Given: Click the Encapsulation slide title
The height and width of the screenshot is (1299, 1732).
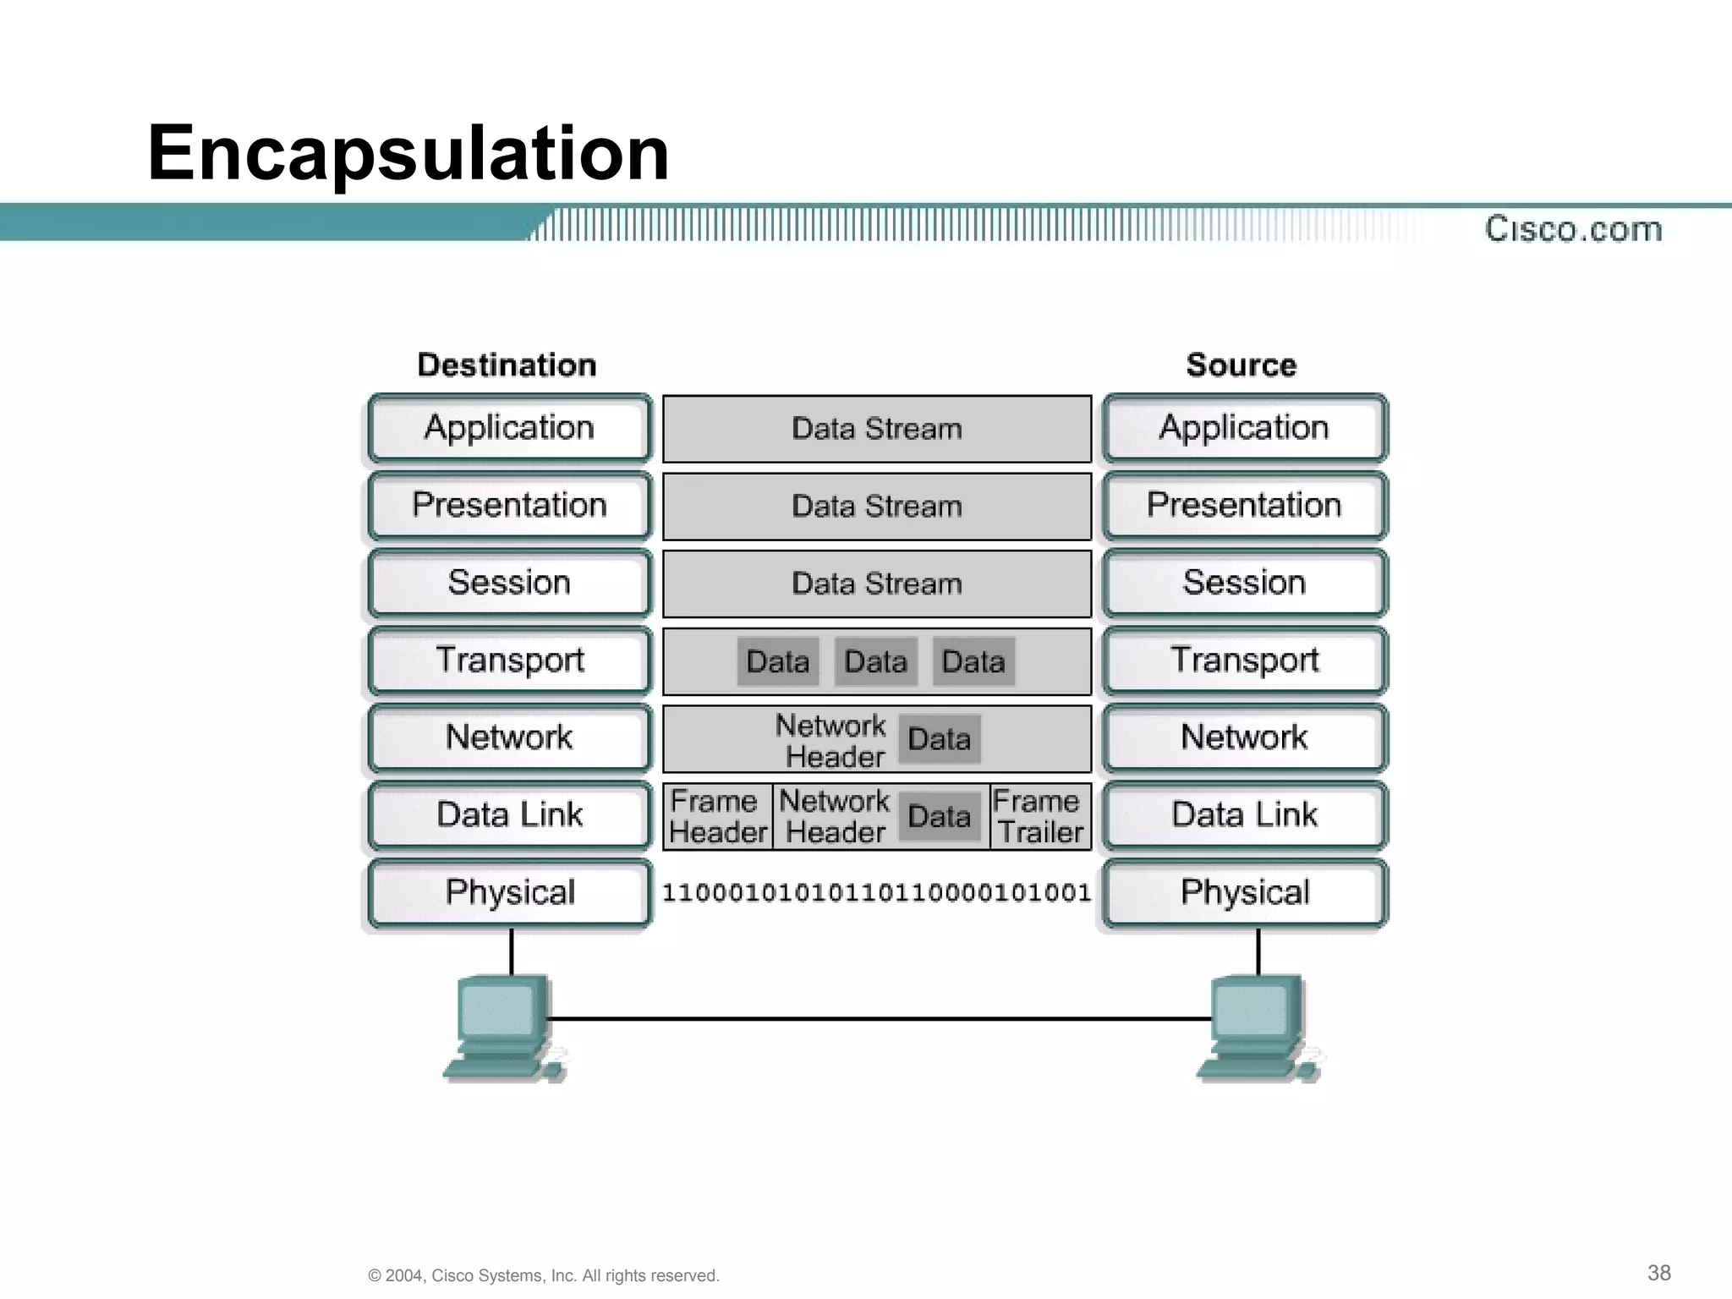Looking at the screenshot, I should tap(408, 153).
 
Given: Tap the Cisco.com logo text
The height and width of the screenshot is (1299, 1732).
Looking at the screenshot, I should tap(1573, 229).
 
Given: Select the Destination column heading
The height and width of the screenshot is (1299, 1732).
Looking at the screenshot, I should tap(507, 365).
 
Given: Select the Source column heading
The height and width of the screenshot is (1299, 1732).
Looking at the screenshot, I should tap(1241, 365).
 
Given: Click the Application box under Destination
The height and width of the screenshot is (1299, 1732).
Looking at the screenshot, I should tap(510, 428).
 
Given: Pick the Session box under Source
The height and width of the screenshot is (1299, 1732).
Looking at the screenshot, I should tap(1244, 583).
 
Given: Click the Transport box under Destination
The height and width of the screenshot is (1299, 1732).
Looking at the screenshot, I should tap(510, 660).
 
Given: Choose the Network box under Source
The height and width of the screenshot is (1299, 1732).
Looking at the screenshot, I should tap(1244, 737).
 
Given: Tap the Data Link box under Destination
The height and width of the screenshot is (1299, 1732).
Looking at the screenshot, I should tap(510, 815).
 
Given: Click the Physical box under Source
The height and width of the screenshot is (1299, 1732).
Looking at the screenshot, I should tap(1244, 893).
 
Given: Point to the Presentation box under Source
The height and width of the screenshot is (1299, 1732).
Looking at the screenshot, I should tap(1244, 506).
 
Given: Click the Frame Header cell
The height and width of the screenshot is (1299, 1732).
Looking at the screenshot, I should tap(718, 817).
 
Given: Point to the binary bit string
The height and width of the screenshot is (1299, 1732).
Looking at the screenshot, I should tap(877, 893).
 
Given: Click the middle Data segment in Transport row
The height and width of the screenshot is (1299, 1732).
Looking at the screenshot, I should tap(876, 661).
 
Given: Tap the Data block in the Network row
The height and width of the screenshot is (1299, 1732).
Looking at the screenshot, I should tap(939, 739).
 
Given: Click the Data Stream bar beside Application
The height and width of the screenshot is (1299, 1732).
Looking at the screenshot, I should tap(877, 429).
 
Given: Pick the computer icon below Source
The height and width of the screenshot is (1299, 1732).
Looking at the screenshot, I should tap(1258, 1028).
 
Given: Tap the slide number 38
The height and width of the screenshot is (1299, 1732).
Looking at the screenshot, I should tap(1658, 1273).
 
